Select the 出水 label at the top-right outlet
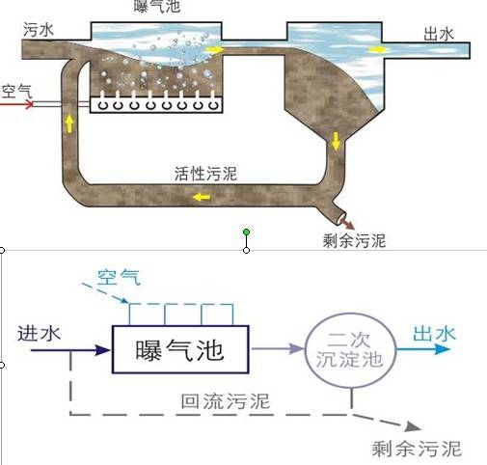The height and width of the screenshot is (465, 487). [x=439, y=34]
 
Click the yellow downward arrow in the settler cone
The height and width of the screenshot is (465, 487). [x=337, y=141]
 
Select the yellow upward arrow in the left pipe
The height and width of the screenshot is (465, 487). [x=68, y=122]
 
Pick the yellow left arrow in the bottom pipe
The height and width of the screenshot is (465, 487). [x=202, y=196]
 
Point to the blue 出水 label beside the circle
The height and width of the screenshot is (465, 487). [x=434, y=334]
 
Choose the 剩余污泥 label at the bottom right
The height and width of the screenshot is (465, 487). [x=417, y=449]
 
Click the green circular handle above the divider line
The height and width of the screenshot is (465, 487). [x=247, y=232]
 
